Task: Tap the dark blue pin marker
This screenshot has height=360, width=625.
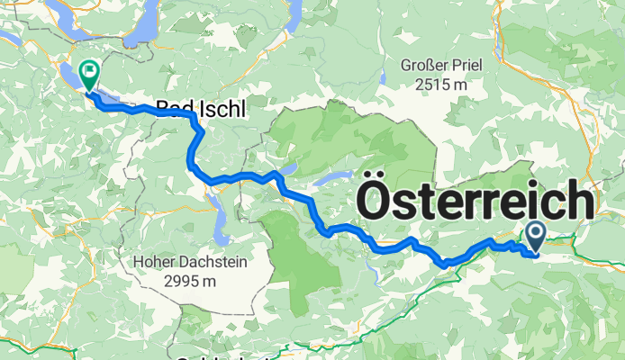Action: (x=534, y=237)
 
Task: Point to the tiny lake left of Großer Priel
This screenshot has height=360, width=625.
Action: (x=381, y=78)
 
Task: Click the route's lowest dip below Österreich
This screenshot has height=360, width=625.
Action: (x=444, y=263)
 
